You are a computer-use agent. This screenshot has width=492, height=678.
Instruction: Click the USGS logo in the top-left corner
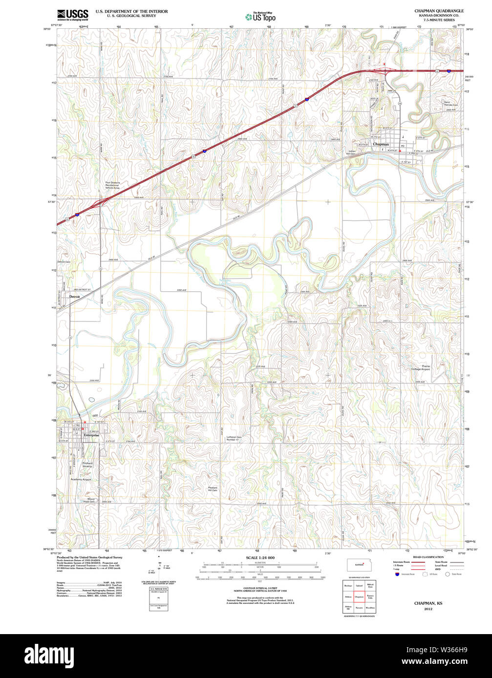click(72, 14)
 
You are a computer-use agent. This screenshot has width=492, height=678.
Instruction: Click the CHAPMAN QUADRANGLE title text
click(439, 11)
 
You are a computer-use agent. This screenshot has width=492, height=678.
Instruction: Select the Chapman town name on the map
click(381, 144)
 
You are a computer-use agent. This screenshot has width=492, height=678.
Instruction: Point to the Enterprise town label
click(91, 435)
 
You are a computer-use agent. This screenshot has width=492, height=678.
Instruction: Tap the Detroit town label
click(74, 297)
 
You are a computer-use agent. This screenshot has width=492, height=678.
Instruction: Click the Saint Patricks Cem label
click(450, 103)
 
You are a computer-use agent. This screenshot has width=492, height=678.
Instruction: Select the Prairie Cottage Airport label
click(420, 368)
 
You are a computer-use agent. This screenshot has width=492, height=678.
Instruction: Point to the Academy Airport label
click(81, 479)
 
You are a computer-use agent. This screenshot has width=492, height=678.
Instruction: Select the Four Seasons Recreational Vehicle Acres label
click(112, 185)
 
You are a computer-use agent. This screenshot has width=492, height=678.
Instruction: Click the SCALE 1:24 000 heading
click(260, 558)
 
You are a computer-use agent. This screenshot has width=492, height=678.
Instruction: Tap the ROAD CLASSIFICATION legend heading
click(428, 557)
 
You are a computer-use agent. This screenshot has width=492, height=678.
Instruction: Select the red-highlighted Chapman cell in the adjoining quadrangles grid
click(359, 597)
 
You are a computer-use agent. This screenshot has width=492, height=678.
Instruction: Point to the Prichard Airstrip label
click(87, 465)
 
